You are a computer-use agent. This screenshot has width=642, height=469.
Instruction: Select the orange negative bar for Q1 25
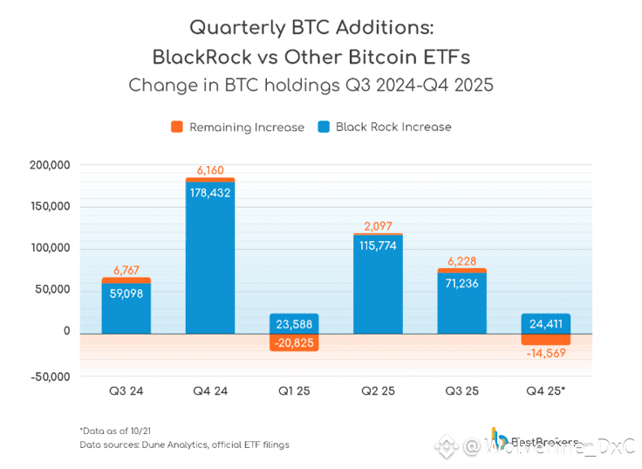[294, 342]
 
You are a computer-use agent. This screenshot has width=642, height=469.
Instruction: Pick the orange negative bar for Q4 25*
[545, 340]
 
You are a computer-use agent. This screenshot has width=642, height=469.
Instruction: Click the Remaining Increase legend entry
[237, 128]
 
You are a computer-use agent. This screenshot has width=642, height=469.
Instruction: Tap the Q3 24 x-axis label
[126, 391]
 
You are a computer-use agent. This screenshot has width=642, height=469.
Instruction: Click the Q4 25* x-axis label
[545, 391]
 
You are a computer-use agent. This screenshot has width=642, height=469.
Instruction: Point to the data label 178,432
[209, 192]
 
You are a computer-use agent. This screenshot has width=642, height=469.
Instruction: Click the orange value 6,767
[126, 270]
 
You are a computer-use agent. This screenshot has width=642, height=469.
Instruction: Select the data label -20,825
[294, 343]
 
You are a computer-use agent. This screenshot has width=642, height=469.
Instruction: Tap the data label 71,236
[461, 283]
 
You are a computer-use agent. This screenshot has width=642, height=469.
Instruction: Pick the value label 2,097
[378, 226]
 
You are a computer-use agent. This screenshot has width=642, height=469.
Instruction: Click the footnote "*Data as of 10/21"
[115, 431]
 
